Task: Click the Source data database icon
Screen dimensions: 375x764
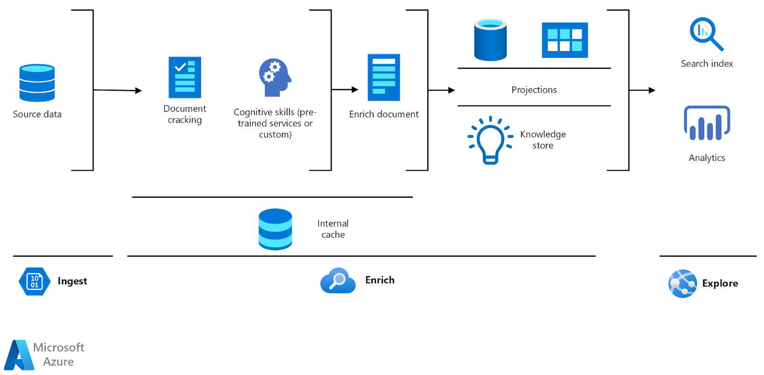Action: [x=37, y=83]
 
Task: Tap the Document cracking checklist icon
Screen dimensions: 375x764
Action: [x=185, y=77]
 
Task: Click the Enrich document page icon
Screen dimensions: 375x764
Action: [x=383, y=77]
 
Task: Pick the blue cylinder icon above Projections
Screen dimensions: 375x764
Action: [x=490, y=40]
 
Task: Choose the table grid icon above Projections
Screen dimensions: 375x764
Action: [x=564, y=40]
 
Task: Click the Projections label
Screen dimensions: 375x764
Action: [x=534, y=90]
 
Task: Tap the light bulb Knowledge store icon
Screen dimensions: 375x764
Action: [x=490, y=140]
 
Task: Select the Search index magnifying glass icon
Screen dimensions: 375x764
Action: [x=706, y=34]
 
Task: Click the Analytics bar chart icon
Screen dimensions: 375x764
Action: [x=707, y=123]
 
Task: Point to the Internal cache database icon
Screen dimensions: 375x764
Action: [x=275, y=229]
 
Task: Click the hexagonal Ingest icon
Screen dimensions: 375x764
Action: [x=34, y=281]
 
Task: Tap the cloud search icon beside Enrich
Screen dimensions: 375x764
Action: [x=338, y=281]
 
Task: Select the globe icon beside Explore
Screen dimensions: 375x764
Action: [x=682, y=283]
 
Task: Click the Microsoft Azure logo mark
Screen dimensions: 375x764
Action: [x=19, y=355]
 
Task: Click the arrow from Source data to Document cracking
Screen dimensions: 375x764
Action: [x=117, y=90]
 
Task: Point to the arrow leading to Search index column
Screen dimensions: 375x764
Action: [x=642, y=90]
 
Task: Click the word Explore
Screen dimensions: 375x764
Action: [x=720, y=283]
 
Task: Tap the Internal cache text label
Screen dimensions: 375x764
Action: [x=333, y=229]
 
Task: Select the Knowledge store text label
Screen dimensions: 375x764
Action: [x=543, y=140]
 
